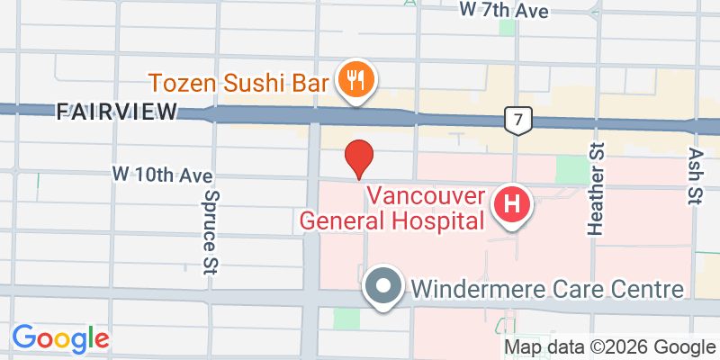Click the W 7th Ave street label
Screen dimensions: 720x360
503,10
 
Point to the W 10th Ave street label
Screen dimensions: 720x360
155,171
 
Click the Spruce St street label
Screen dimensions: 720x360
212,232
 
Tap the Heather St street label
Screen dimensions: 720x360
595,189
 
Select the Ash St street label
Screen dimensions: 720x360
694,177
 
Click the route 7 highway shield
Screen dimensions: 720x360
514,119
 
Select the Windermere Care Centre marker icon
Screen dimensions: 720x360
384,288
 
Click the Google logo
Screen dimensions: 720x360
60,338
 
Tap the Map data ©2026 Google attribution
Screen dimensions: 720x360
609,347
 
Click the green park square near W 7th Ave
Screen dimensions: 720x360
508,26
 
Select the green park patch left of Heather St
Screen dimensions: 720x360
569,168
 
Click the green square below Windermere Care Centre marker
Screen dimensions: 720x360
346,319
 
